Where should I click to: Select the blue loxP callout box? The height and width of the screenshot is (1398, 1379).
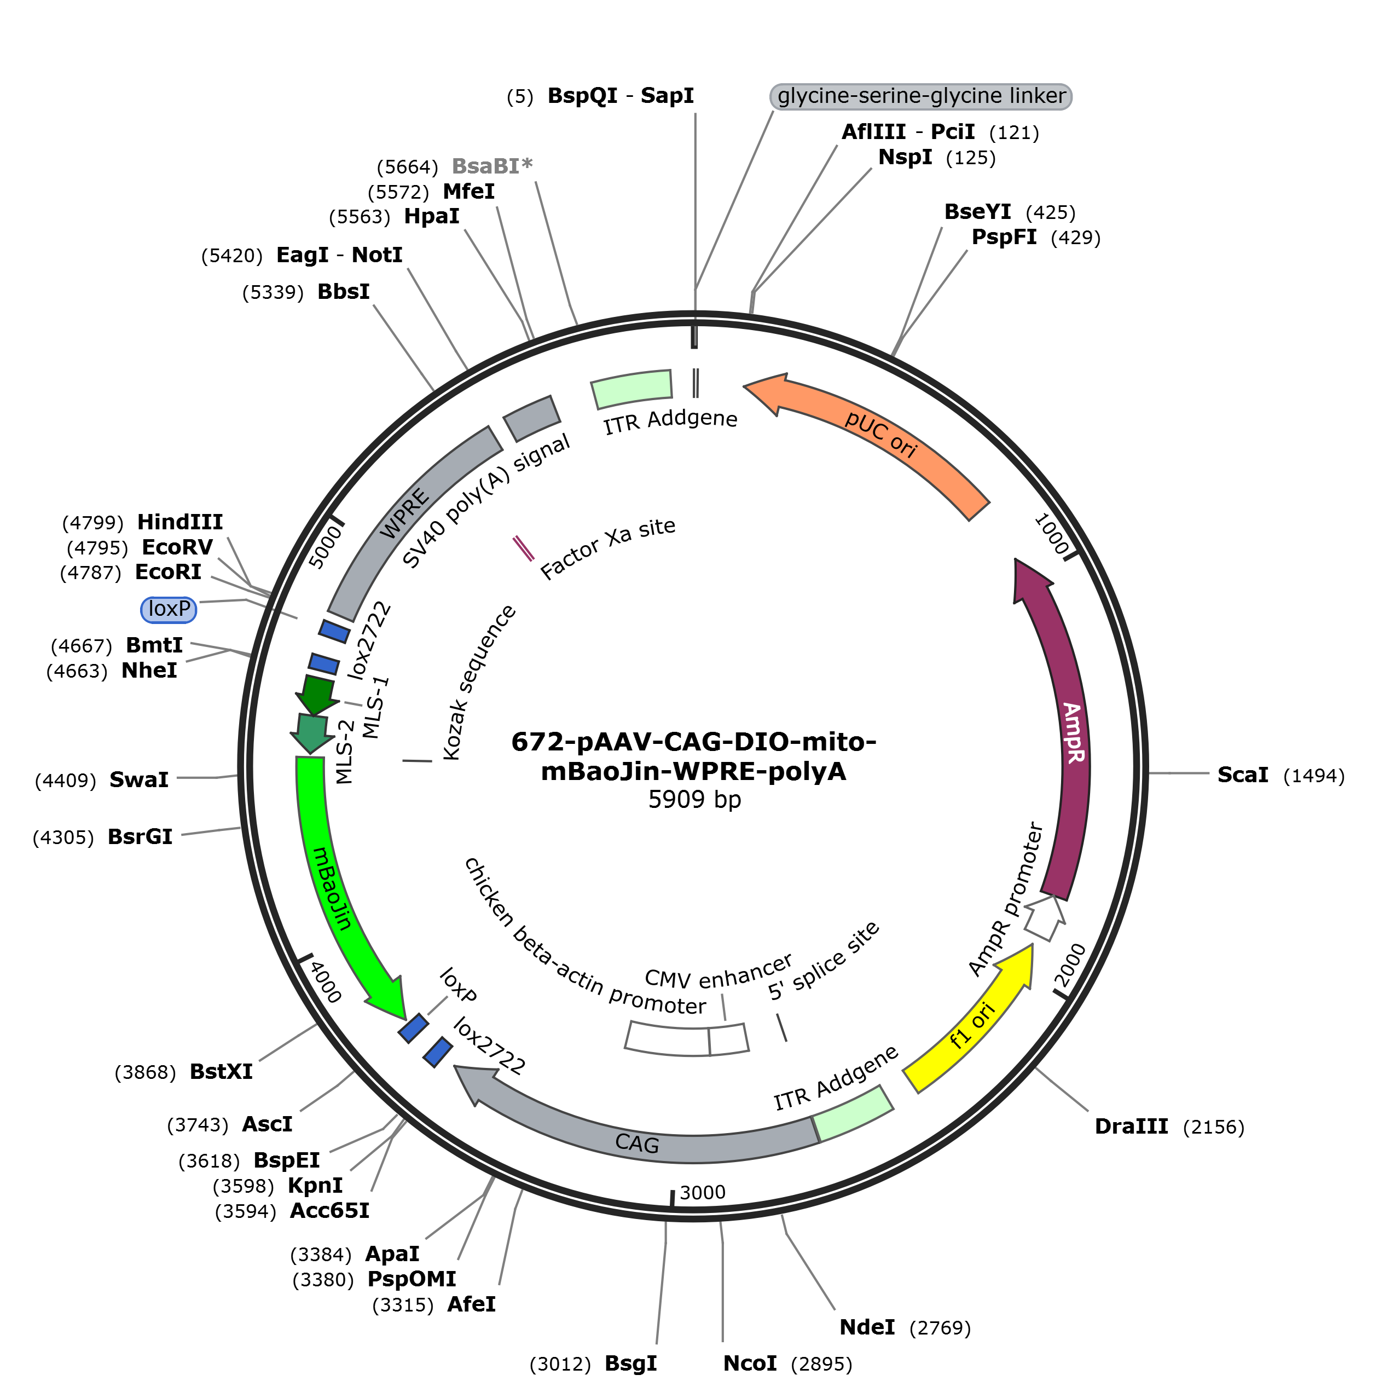[169, 609]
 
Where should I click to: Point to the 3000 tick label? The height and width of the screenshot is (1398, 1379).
[703, 1192]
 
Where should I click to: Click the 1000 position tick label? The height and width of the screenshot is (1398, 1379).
[1052, 534]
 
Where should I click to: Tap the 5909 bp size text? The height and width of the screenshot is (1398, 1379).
[694, 800]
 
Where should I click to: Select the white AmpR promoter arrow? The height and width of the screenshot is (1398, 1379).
[1045, 917]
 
